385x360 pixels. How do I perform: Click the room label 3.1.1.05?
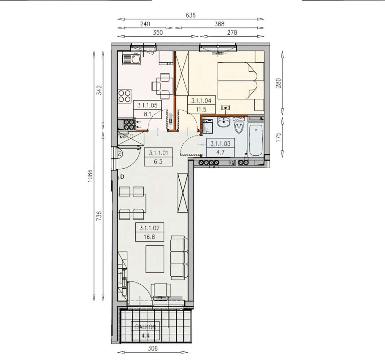[148, 106]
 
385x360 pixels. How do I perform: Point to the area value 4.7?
[220, 152]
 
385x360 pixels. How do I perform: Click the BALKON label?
[145, 327]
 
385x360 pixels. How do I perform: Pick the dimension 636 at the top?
[190, 15]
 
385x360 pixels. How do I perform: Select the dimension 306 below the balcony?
[154, 348]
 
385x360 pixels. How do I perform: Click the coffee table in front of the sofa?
[155, 259]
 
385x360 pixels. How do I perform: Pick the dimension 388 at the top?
[219, 24]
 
